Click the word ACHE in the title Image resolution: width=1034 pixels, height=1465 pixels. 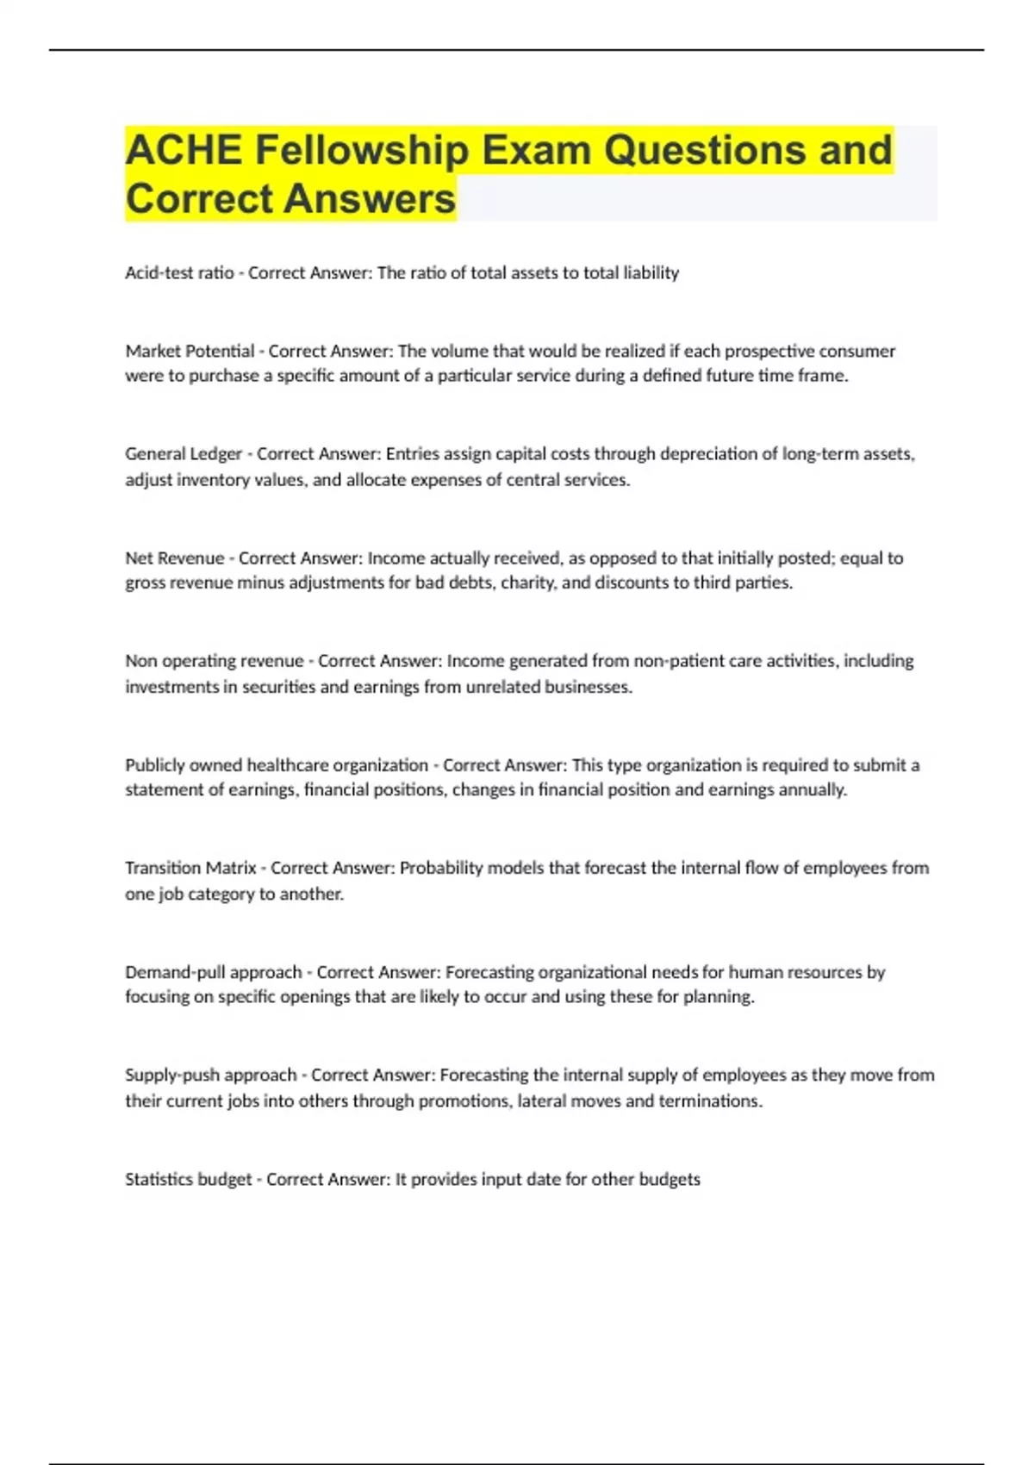point(184,150)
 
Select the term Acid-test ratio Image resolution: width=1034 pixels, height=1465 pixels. point(179,273)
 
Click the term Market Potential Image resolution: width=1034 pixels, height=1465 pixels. point(190,351)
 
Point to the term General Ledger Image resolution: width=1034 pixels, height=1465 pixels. point(184,454)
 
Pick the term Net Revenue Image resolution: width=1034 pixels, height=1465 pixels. point(175,558)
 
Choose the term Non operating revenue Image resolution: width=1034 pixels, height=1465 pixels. point(215,661)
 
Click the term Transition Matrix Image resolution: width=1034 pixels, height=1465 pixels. point(191,868)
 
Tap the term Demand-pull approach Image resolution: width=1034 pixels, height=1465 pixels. point(214,972)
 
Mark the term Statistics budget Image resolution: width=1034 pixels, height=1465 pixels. point(189,1179)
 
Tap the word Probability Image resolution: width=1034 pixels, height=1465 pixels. point(441,868)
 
